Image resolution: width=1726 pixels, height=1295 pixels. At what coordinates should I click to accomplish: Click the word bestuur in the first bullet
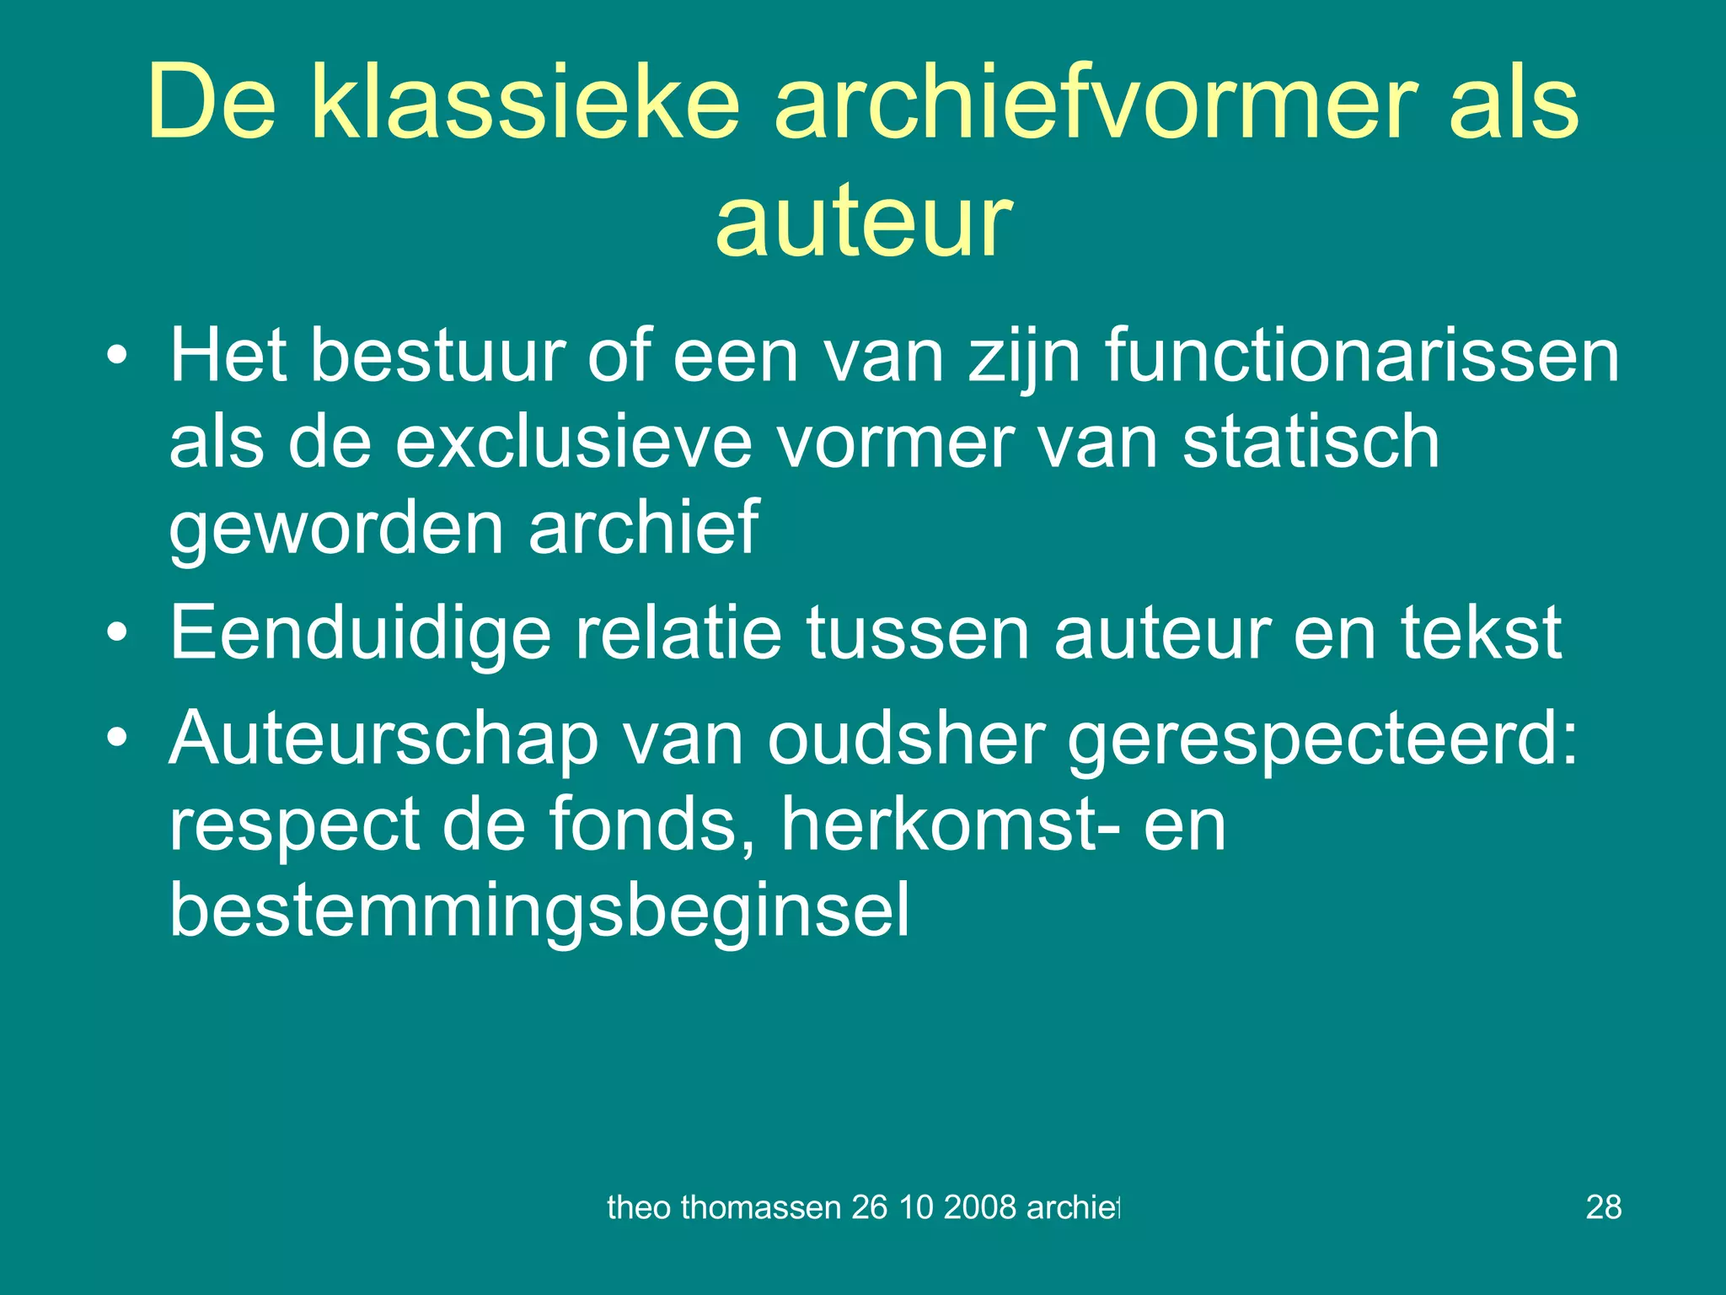[437, 357]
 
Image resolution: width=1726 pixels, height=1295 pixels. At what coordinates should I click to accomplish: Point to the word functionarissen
[1362, 357]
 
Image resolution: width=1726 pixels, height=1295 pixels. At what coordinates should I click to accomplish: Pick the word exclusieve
[573, 443]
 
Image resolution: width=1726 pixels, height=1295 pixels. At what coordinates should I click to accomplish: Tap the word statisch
[1311, 443]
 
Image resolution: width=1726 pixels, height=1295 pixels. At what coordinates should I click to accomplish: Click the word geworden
[336, 529]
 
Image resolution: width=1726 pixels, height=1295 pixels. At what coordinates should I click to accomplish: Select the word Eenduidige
[360, 634]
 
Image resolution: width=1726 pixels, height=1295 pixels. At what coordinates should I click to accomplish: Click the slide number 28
[1603, 1207]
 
